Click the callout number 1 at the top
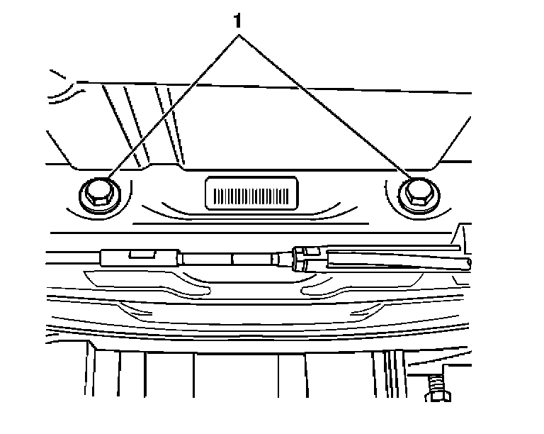[x=239, y=21]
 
